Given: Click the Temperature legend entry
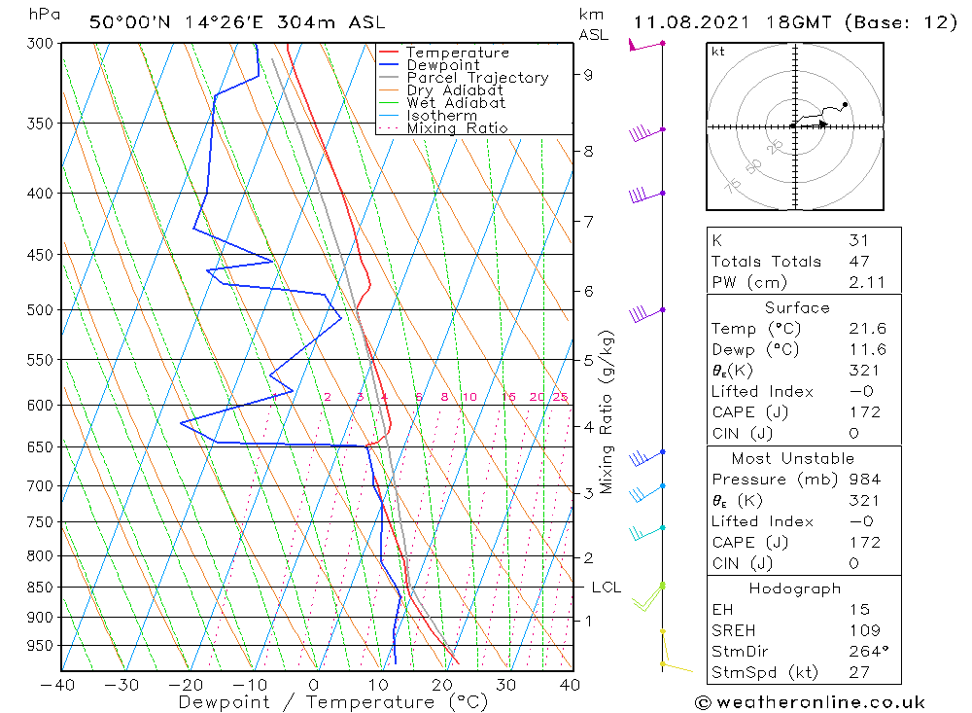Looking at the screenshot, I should pyautogui.click(x=457, y=53).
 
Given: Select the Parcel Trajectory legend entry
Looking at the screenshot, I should pyautogui.click(x=477, y=78).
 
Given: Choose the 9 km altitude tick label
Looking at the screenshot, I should pyautogui.click(x=589, y=74).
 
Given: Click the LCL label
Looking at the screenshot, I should pyautogui.click(x=607, y=588).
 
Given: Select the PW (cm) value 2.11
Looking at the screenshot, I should pyautogui.click(x=863, y=282).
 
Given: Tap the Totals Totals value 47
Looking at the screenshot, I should pyautogui.click(x=858, y=262).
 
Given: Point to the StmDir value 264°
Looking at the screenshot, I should pyautogui.click(x=865, y=652).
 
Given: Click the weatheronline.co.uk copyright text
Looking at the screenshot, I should pyautogui.click(x=811, y=702).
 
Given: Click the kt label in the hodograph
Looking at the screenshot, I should pyautogui.click(x=718, y=52).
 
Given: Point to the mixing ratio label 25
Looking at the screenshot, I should pyautogui.click(x=560, y=397).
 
